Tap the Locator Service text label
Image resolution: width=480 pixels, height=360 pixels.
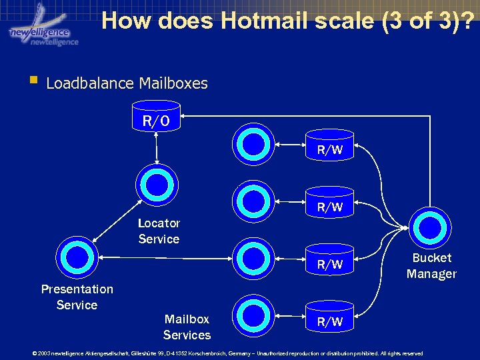pos(159,231)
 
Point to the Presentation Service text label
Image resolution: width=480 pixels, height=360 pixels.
pos(77,297)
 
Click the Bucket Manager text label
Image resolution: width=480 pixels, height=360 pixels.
pos(431,265)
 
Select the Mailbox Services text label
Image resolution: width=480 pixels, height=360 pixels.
pos(187,327)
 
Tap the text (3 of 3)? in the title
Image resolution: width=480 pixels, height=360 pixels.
pos(427,21)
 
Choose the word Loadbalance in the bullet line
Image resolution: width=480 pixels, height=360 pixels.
pos(91,84)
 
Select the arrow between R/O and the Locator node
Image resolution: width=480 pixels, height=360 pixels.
pos(156,147)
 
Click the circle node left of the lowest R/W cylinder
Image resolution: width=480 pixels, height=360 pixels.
pos(254,313)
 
